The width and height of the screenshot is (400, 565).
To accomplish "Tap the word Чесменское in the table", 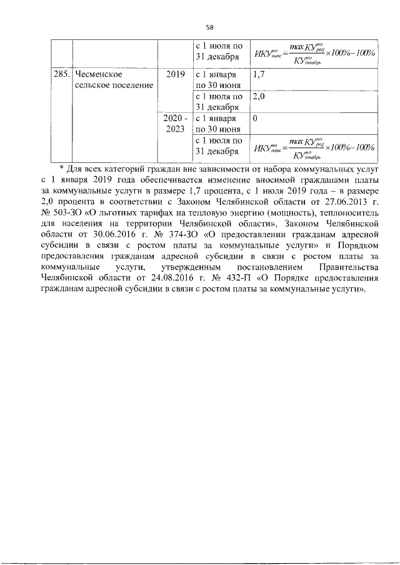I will point(99,74).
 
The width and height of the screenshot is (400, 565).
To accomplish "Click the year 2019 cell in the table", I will point(176,74).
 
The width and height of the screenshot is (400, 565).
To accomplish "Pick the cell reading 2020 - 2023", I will point(176,123).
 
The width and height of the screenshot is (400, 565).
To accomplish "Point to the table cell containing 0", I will point(256,117).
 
